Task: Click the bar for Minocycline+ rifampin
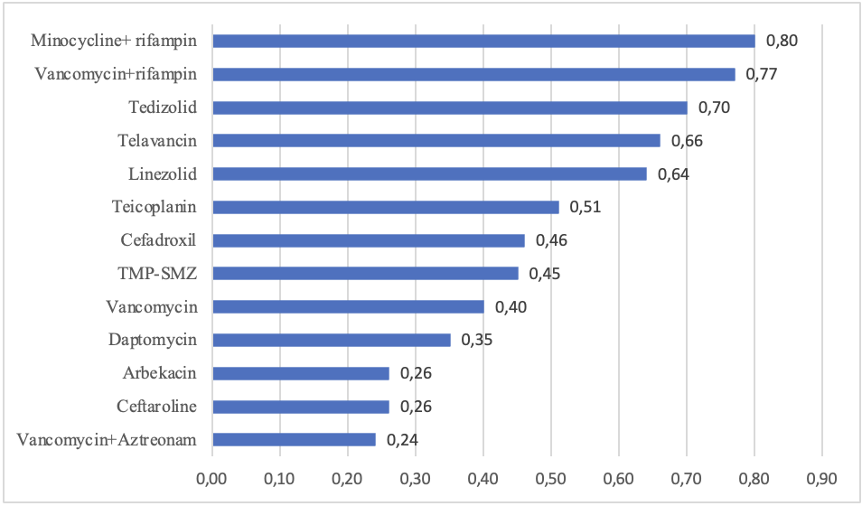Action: (483, 42)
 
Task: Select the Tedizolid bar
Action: (450, 108)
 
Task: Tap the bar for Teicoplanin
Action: (386, 207)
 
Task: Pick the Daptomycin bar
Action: (332, 340)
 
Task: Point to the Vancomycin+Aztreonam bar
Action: (295, 440)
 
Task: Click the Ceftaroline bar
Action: (301, 407)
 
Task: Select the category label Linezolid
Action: (163, 173)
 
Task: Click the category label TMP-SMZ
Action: (157, 274)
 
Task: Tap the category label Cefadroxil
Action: (158, 240)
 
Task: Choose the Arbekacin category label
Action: (159, 373)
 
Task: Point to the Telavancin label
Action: (157, 141)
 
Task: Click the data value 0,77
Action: (762, 74)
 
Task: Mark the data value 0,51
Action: (585, 207)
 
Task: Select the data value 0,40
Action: (511, 307)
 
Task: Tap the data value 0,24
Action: (402, 440)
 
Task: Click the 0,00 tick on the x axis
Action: (211, 479)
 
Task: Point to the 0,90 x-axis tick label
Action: (822, 479)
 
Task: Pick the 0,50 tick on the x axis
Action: (551, 479)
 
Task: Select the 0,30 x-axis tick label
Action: (415, 479)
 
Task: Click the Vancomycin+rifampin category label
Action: (116, 74)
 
